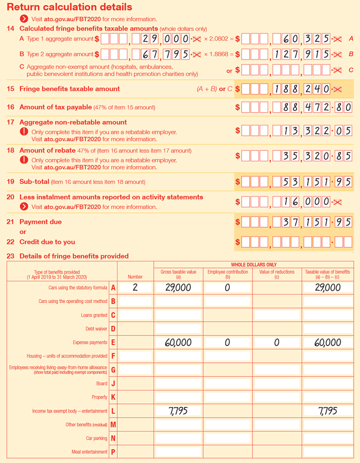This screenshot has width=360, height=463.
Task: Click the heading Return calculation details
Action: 69,7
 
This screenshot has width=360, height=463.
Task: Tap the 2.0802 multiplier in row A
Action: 218,39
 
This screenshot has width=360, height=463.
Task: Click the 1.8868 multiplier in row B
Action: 218,54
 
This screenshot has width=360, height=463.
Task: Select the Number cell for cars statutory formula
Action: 135,288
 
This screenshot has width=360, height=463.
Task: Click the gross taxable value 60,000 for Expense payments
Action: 178,342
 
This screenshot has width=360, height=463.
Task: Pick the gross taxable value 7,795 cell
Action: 178,411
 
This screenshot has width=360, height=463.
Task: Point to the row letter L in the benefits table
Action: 113,411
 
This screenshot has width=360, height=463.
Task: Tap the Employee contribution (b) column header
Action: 227,275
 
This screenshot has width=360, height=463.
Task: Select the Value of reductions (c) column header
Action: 277,275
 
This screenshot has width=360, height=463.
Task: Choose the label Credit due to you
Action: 47,242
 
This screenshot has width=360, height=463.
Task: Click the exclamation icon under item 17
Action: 24,132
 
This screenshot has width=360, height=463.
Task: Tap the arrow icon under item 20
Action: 24,207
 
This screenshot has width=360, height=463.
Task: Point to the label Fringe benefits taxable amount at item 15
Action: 69,89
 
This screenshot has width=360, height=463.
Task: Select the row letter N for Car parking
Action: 113,438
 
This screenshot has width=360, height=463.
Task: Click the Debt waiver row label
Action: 96,329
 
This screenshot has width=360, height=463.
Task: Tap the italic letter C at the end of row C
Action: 351,70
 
